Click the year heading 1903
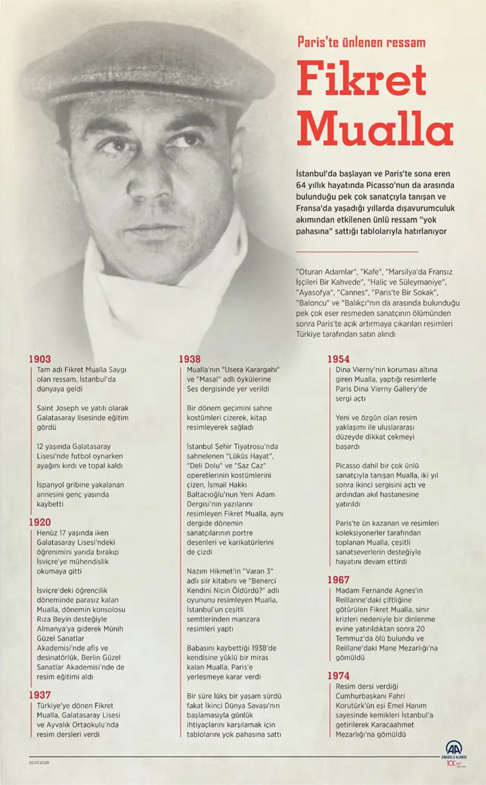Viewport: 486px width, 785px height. tap(41, 359)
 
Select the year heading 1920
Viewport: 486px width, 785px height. tap(41, 522)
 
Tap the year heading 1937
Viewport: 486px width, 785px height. tap(41, 695)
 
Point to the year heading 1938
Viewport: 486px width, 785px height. tap(189, 359)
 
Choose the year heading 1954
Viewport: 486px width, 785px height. tap(338, 359)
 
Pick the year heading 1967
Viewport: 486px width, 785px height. tap(338, 580)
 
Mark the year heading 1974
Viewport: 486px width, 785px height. tap(338, 676)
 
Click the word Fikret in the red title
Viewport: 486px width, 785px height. tap(362, 81)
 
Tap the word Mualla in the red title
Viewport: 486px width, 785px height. tap(375, 131)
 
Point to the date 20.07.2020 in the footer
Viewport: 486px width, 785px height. tap(39, 762)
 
